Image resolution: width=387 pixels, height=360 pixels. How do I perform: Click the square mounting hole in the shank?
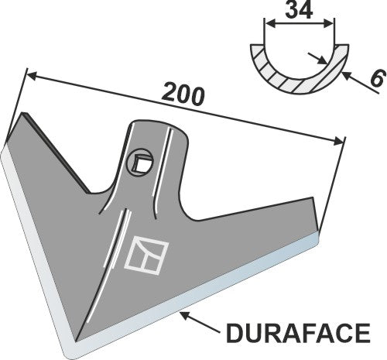pyautogui.click(x=141, y=162)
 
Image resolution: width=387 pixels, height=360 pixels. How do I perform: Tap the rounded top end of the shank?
pyautogui.click(x=163, y=125)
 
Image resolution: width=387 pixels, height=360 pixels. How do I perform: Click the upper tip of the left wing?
pyautogui.click(x=26, y=116)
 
